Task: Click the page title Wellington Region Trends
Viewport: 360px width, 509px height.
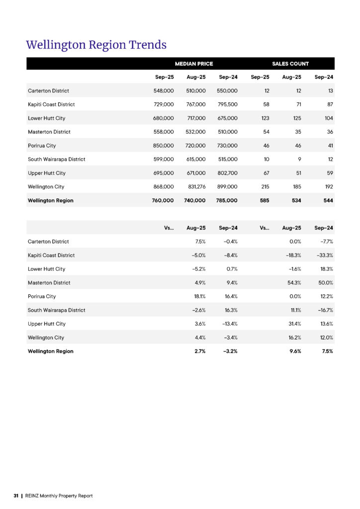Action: pyautogui.click(x=96, y=45)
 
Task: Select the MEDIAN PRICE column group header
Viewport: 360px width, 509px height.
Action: pyautogui.click(x=194, y=64)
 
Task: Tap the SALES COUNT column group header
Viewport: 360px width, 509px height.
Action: pyautogui.click(x=290, y=64)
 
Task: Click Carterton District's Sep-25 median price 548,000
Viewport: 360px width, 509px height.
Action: pyautogui.click(x=164, y=91)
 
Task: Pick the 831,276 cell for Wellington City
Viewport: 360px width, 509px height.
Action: pyautogui.click(x=195, y=187)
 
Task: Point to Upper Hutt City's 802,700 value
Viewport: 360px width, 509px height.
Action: pyautogui.click(x=227, y=173)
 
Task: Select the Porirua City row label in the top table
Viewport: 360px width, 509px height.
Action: pyautogui.click(x=42, y=146)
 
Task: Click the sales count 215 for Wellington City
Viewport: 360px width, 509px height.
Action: pyautogui.click(x=264, y=187)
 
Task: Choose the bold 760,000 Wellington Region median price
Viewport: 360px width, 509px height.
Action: pyautogui.click(x=163, y=200)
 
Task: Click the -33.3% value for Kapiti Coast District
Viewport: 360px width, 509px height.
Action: pyautogui.click(x=324, y=255)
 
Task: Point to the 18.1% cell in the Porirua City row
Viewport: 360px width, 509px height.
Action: pyautogui.click(x=199, y=296)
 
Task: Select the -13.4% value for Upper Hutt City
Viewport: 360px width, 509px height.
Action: pyautogui.click(x=228, y=324)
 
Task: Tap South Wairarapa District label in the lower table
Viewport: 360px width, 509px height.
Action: pyautogui.click(x=56, y=310)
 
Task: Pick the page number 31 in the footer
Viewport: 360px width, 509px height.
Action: pyautogui.click(x=16, y=496)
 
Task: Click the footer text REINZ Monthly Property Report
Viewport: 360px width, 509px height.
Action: pyautogui.click(x=59, y=496)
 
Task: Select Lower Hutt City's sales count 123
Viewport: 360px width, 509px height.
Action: pyautogui.click(x=263, y=118)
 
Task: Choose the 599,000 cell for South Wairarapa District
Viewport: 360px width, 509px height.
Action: pyautogui.click(x=164, y=160)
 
